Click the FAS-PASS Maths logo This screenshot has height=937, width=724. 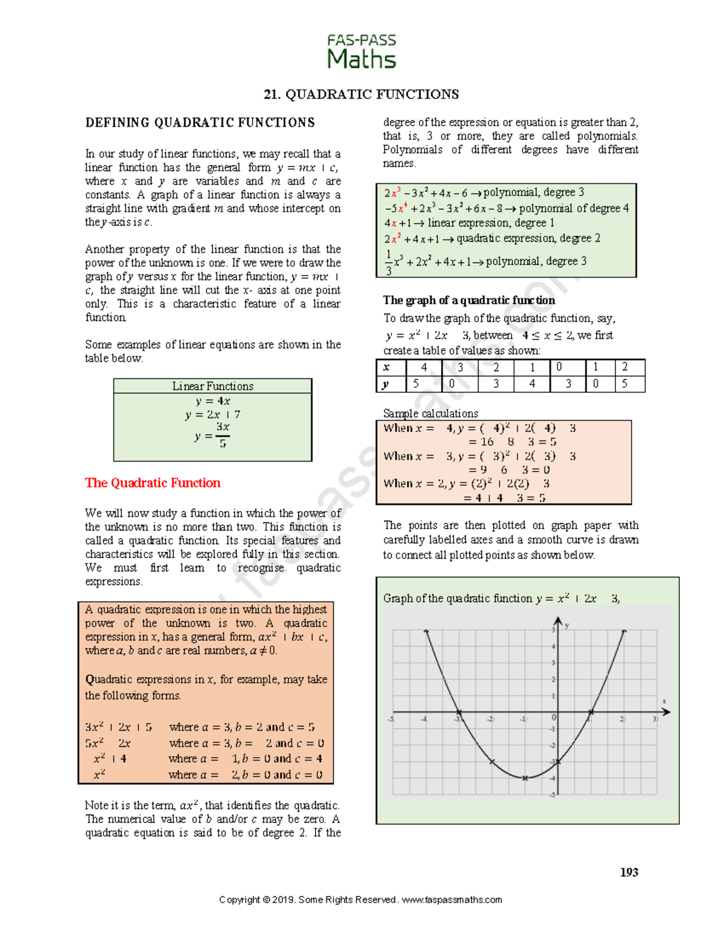click(361, 51)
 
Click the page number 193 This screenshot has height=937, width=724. click(629, 872)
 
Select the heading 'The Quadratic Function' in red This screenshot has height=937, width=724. click(153, 483)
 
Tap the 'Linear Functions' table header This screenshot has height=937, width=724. click(212, 386)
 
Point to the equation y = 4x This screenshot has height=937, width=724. click(212, 401)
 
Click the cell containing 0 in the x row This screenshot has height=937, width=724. click(559, 367)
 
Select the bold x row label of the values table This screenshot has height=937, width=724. click(386, 367)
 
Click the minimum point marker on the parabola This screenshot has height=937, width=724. click(525, 778)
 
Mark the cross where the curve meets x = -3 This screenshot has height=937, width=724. click(459, 713)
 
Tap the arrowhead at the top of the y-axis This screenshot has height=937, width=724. click(558, 621)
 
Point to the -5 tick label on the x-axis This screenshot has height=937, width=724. click(392, 719)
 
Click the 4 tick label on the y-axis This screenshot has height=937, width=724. click(553, 647)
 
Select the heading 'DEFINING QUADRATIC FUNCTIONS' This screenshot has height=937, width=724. click(200, 123)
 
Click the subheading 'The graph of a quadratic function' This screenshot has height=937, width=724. click(469, 300)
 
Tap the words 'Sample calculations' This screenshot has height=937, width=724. click(430, 413)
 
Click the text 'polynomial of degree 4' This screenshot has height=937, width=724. click(574, 208)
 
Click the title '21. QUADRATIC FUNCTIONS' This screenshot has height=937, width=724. click(361, 94)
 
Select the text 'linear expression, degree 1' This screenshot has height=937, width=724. click(491, 223)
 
